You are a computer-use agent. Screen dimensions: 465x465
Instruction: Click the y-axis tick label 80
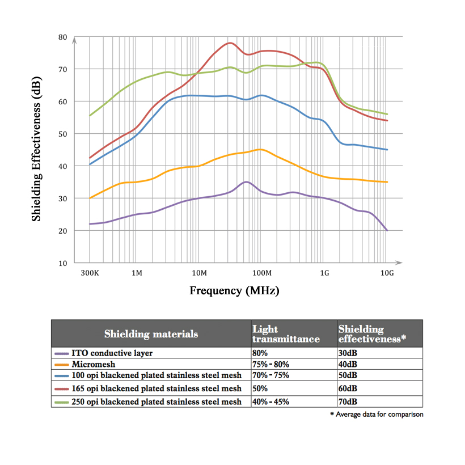(x=62, y=37)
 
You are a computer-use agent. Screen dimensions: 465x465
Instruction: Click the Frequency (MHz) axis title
(x=234, y=291)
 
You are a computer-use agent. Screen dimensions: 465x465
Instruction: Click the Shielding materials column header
(x=151, y=333)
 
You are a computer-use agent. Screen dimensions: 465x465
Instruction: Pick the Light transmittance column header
(x=286, y=334)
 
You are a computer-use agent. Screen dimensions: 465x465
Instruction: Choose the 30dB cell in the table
(x=348, y=353)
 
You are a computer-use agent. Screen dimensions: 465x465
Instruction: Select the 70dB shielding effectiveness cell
(x=348, y=401)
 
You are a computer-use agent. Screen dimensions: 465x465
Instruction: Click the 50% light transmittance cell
(x=261, y=389)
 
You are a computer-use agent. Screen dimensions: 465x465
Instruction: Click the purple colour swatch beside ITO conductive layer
(x=61, y=353)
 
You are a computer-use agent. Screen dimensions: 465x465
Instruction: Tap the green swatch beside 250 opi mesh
(x=61, y=401)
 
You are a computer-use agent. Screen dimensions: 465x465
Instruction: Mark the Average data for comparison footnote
(x=377, y=415)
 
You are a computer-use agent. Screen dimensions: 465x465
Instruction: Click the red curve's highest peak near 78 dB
(x=230, y=43)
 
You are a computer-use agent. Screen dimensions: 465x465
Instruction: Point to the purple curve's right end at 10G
(x=387, y=230)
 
